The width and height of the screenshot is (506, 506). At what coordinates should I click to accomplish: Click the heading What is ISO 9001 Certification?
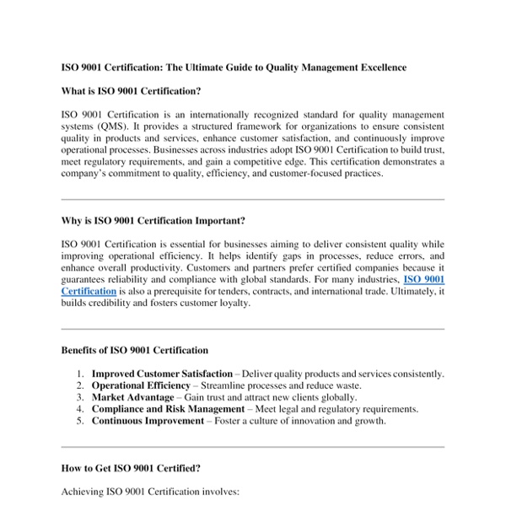(x=131, y=90)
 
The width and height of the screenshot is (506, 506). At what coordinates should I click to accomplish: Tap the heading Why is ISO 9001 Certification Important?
(x=153, y=221)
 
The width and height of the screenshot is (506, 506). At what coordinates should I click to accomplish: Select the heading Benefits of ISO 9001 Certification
(x=135, y=350)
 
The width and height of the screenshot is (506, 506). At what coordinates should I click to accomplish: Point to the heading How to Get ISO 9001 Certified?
(x=131, y=467)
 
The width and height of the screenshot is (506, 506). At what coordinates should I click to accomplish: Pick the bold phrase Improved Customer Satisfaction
(x=162, y=374)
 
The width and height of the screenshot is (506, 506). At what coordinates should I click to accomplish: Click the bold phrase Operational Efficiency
(x=141, y=385)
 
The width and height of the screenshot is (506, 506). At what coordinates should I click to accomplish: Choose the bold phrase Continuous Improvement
(x=148, y=421)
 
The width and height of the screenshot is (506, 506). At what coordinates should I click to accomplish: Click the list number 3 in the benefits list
(x=79, y=397)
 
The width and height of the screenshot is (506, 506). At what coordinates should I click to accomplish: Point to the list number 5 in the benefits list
(x=79, y=421)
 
